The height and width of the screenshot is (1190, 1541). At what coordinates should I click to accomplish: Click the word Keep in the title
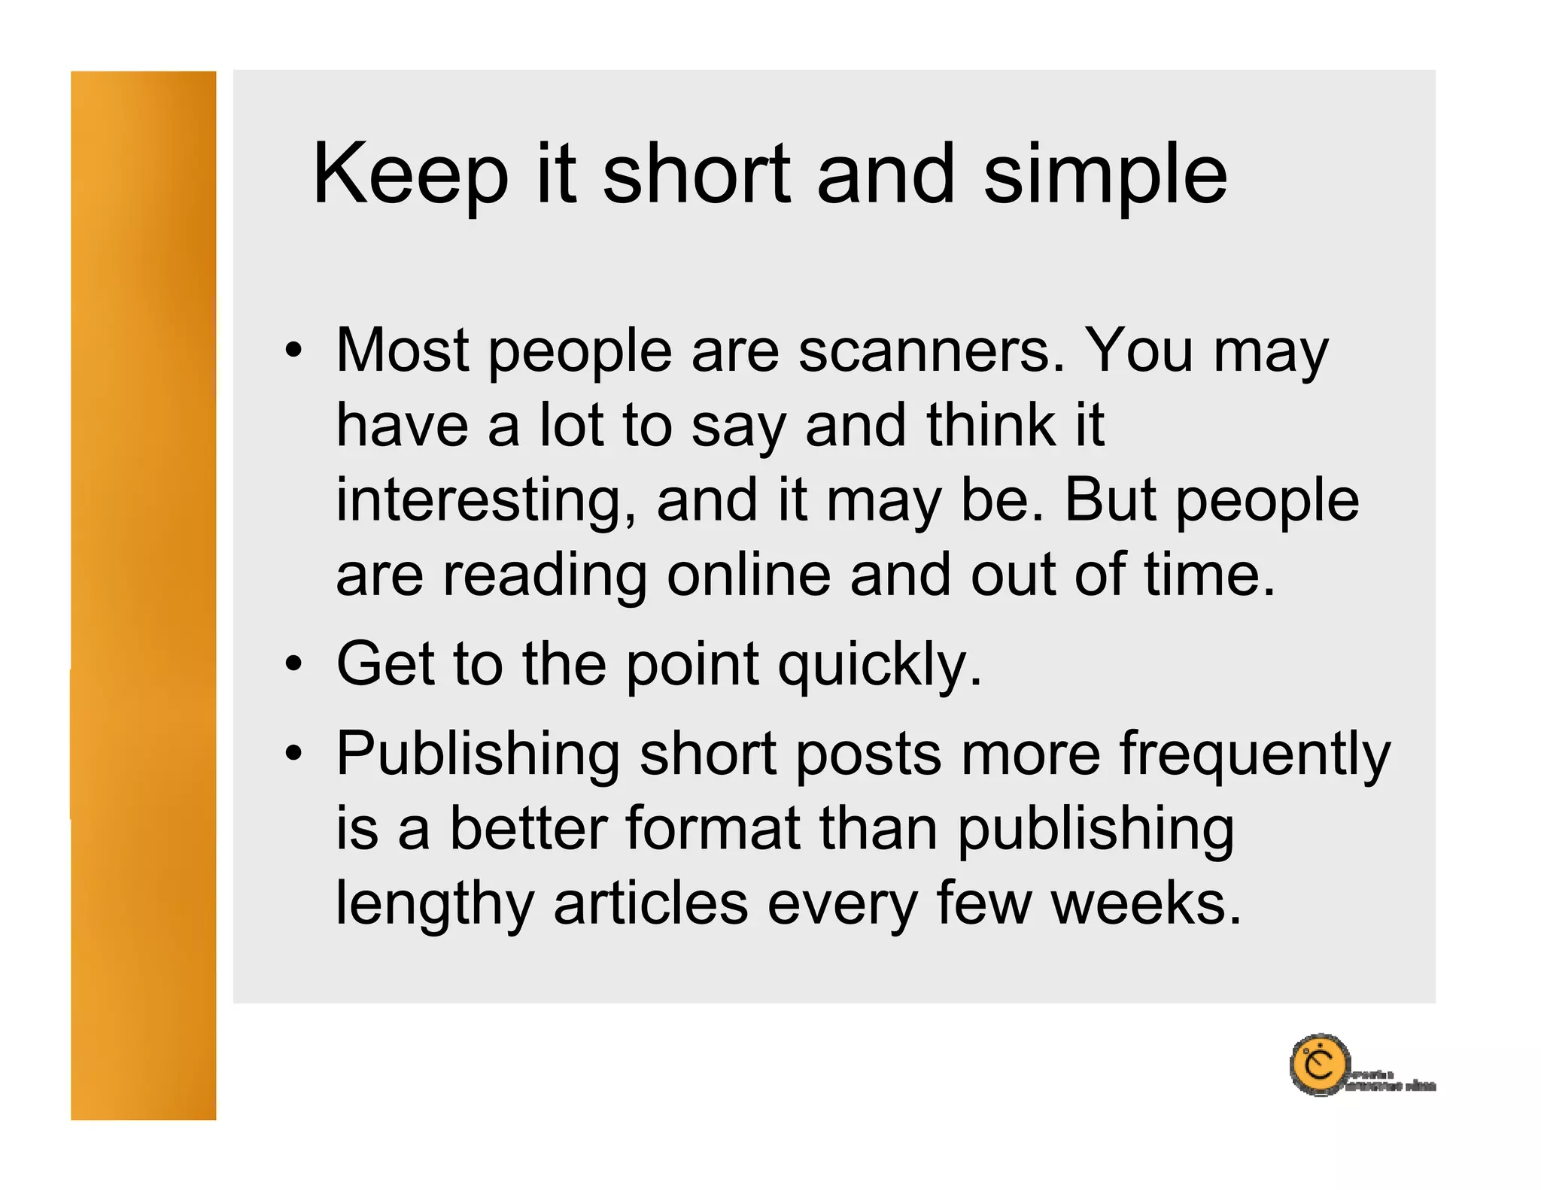click(410, 175)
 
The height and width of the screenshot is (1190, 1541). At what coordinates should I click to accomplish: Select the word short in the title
click(696, 175)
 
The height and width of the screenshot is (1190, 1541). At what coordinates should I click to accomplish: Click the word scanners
click(932, 351)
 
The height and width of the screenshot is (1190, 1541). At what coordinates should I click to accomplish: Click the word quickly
click(880, 666)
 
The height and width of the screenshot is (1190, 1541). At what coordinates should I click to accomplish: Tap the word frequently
click(1255, 754)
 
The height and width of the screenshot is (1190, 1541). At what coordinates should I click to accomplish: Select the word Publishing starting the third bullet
click(478, 754)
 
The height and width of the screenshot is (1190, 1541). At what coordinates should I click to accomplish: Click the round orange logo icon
click(1319, 1064)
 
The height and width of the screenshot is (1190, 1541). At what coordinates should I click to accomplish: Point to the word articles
click(651, 902)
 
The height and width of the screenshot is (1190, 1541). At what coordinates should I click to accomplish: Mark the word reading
click(544, 576)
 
